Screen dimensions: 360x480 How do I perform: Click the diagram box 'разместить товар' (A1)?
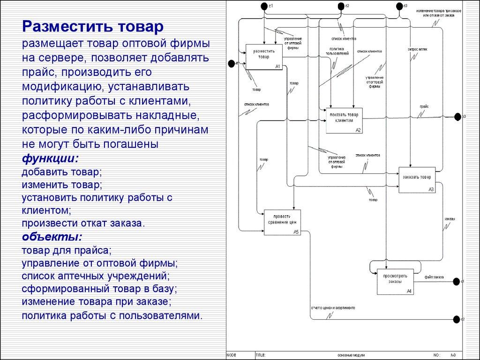tap(264, 57)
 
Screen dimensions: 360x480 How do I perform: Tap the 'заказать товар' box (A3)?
tap(417, 180)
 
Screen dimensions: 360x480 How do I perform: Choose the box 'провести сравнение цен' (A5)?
tap(281, 222)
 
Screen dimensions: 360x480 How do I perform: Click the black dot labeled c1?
tap(264, 6)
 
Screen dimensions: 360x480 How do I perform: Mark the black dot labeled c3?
tap(399, 6)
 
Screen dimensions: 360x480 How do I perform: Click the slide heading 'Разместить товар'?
tap(94, 26)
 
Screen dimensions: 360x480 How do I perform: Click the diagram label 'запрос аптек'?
tap(417, 49)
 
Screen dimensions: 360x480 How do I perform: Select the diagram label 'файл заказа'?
tap(434, 277)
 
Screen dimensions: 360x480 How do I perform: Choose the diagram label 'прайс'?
tap(424, 107)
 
